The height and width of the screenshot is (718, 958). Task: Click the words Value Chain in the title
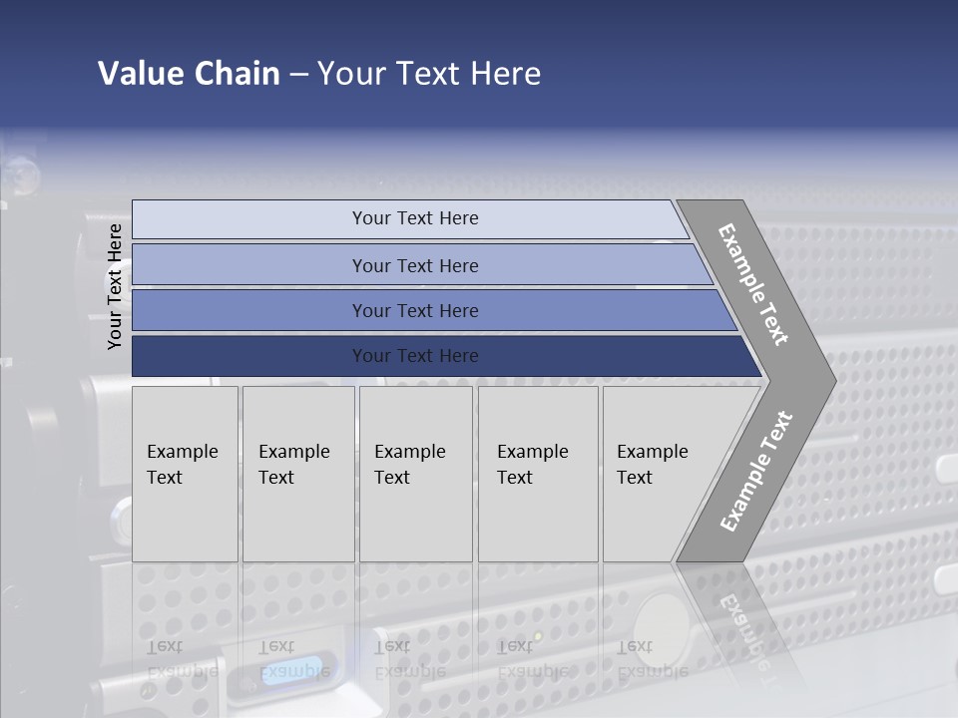(189, 73)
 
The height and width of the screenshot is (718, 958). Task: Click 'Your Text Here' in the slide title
(429, 73)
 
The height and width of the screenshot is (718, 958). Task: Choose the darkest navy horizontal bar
(249, 356)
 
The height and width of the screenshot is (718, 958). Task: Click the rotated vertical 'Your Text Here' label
(115, 287)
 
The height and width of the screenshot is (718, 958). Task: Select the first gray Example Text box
(185, 474)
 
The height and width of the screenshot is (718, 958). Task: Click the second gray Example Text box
(298, 474)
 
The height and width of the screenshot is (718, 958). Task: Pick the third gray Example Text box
(415, 474)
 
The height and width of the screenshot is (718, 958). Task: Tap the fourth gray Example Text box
(538, 474)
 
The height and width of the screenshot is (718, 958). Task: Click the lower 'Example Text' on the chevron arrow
(756, 471)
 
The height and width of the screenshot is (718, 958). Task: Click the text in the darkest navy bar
(415, 356)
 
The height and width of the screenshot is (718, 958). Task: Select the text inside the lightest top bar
(415, 218)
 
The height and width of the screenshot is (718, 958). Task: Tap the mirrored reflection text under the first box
(183, 659)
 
